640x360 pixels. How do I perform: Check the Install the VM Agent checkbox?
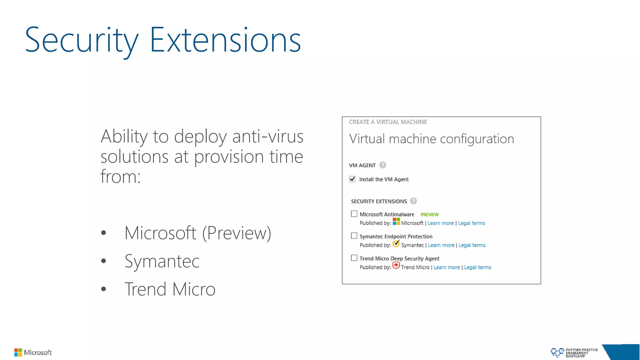pos(352,179)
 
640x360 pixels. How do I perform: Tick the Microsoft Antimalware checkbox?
pos(354,214)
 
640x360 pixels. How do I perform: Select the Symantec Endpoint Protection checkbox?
pos(354,236)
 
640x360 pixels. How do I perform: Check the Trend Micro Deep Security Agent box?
pos(354,258)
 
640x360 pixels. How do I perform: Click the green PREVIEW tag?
pos(429,215)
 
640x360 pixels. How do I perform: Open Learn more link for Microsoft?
pos(440,223)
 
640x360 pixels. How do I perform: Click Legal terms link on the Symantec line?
pos(472,245)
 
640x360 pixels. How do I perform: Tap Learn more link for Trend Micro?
pos(447,267)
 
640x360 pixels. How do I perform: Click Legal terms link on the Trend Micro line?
pos(477,267)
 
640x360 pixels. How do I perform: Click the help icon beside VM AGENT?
pos(382,165)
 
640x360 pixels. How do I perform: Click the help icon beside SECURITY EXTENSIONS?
pos(413,201)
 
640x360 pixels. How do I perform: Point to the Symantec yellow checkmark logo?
pos(396,243)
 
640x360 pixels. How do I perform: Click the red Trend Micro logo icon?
pos(396,266)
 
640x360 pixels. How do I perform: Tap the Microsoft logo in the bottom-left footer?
pos(33,352)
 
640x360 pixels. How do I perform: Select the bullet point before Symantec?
pos(104,261)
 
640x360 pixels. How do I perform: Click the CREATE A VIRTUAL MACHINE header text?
pos(388,122)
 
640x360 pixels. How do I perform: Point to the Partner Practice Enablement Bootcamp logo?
pos(574,353)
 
